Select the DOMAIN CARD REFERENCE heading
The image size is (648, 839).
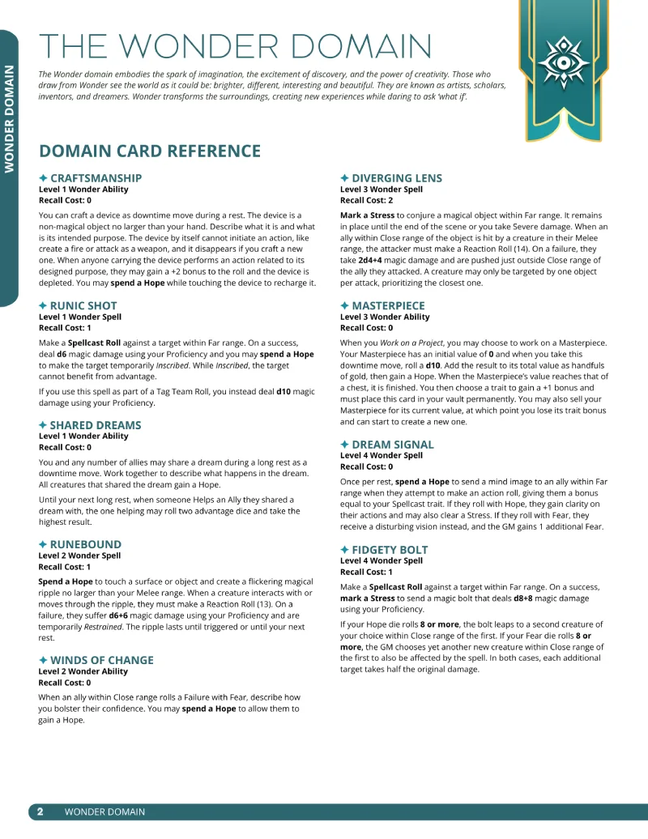(x=150, y=151)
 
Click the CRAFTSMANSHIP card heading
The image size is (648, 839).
(x=96, y=178)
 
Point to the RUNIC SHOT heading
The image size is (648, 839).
(x=83, y=305)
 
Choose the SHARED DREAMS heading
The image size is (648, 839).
(x=95, y=425)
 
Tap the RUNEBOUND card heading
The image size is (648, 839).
(x=85, y=545)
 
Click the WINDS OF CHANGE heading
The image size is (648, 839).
(x=101, y=660)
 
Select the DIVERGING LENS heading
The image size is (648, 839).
(x=398, y=178)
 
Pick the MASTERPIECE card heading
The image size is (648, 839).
(x=388, y=305)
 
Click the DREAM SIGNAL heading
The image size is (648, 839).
(x=393, y=445)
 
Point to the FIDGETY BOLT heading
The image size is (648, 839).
(x=390, y=550)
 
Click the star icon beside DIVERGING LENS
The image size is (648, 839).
(x=344, y=178)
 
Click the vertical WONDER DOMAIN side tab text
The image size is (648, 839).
(x=10, y=118)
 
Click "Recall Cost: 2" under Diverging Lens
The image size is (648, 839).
(x=366, y=200)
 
